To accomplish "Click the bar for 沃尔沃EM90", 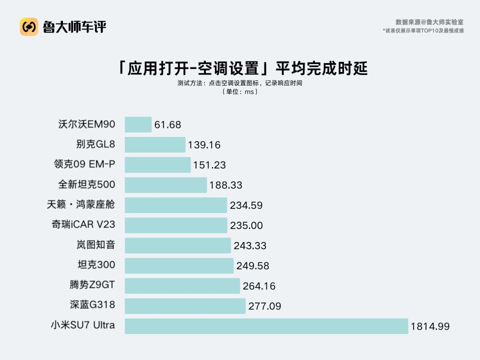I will (138, 124).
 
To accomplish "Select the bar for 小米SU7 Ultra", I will (266, 326).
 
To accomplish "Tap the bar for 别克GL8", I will (155, 145).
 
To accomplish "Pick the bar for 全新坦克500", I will (165, 185).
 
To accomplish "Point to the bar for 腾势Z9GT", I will (182, 286).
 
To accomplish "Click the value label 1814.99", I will (430, 326).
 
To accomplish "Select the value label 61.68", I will (167, 124).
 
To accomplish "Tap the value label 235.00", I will (246, 225).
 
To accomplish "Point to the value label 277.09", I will (264, 306).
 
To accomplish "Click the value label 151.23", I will (209, 165).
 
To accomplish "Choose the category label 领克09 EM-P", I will (84, 164).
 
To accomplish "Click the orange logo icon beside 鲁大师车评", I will (29, 26).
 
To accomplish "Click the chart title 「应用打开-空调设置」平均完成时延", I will (240, 68).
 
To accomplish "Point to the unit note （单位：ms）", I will (240, 92).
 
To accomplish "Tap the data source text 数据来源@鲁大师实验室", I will (429, 22).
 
